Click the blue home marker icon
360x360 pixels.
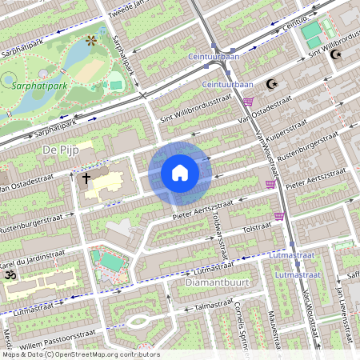180,173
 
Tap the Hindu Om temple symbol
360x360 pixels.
10,274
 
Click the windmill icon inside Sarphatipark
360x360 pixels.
90,39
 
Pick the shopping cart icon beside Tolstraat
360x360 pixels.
279,215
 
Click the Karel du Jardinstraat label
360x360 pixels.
32,257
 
